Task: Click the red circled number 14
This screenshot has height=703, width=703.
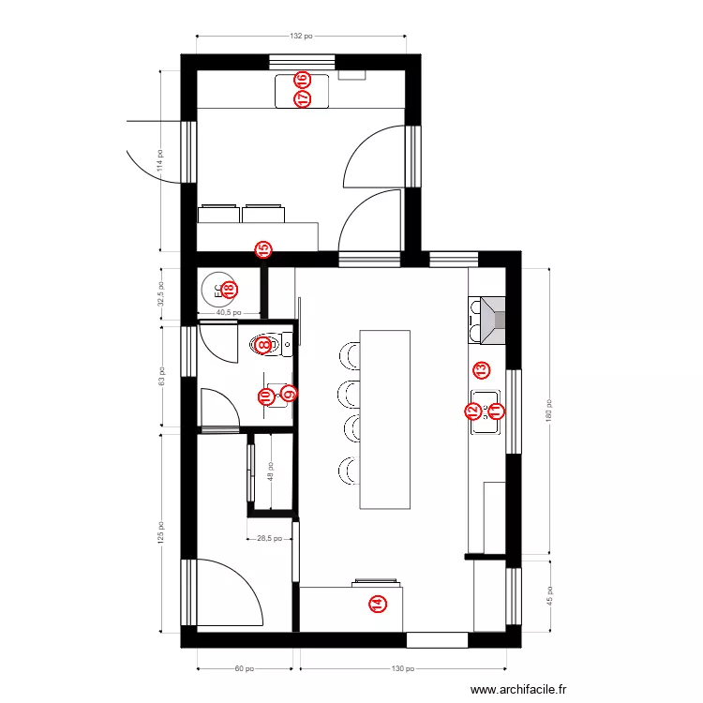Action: pyautogui.click(x=377, y=605)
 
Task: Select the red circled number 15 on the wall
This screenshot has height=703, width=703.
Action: pyautogui.click(x=263, y=250)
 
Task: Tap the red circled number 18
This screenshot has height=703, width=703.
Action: pyautogui.click(x=227, y=292)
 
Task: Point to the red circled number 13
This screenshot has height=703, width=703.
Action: pyautogui.click(x=481, y=369)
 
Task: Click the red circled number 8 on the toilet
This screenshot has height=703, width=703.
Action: pyautogui.click(x=264, y=345)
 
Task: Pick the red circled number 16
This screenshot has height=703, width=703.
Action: pyautogui.click(x=302, y=80)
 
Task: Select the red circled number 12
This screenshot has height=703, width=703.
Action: pyautogui.click(x=473, y=411)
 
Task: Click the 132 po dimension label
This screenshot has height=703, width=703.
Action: pyautogui.click(x=300, y=36)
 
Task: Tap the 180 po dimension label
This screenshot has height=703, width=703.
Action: pyautogui.click(x=549, y=412)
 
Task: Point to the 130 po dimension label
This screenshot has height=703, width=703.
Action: pyautogui.click(x=403, y=669)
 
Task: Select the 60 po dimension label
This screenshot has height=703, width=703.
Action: pyautogui.click(x=244, y=669)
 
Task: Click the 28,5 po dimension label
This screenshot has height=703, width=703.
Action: pyautogui.click(x=269, y=538)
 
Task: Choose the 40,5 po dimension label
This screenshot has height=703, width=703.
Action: pyautogui.click(x=229, y=313)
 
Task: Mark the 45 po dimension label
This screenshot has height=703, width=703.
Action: pyautogui.click(x=549, y=596)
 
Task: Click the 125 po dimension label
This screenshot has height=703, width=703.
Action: pyautogui.click(x=160, y=533)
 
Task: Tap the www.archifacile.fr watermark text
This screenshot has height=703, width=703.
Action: pyautogui.click(x=519, y=690)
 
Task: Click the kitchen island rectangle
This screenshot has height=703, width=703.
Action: pyautogui.click(x=385, y=418)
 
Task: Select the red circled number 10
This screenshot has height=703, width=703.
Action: pyautogui.click(x=265, y=397)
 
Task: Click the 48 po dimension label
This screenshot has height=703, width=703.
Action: pyautogui.click(x=270, y=471)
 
